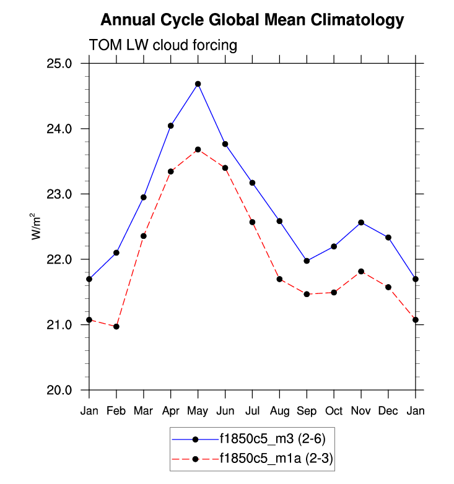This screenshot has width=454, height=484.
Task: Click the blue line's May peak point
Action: click(x=198, y=84)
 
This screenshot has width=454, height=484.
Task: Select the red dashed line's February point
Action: click(x=116, y=326)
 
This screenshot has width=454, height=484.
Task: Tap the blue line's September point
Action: click(x=307, y=261)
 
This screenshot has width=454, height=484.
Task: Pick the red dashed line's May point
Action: click(x=198, y=149)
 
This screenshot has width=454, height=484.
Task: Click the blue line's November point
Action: click(x=361, y=222)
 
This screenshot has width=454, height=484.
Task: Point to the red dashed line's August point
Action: click(x=279, y=279)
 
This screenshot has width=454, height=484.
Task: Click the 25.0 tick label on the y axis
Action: click(x=60, y=64)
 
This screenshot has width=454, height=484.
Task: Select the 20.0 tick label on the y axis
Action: click(x=60, y=391)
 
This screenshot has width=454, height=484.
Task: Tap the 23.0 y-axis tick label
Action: click(x=60, y=194)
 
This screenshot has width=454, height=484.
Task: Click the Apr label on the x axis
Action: click(x=170, y=410)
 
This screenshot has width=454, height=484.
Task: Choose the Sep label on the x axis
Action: click(x=307, y=410)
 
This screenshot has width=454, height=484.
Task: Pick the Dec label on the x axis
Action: click(x=388, y=410)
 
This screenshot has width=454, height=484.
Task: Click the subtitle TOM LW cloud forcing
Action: click(x=164, y=46)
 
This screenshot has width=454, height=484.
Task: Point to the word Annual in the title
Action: click(x=127, y=20)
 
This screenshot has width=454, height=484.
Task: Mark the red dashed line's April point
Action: click(x=170, y=171)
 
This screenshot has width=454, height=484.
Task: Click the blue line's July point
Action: click(x=252, y=183)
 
